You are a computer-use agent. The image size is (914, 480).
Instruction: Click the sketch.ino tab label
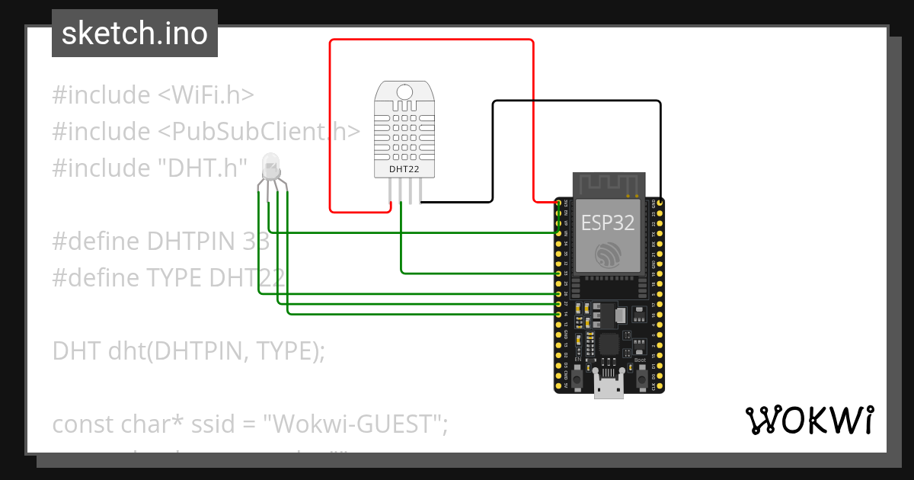pyautogui.click(x=134, y=34)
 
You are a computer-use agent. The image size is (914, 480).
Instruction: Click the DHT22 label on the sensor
pyautogui.click(x=404, y=168)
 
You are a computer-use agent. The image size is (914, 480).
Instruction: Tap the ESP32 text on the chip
pyautogui.click(x=608, y=222)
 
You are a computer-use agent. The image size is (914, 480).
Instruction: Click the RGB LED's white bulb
pyautogui.click(x=270, y=163)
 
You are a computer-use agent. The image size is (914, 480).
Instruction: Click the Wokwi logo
pyautogui.click(x=808, y=421)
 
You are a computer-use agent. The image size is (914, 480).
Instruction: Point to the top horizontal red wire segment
pyautogui.click(x=431, y=40)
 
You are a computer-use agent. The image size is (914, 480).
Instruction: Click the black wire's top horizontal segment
pyautogui.click(x=577, y=101)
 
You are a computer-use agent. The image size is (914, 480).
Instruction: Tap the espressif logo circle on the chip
pyautogui.click(x=609, y=254)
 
